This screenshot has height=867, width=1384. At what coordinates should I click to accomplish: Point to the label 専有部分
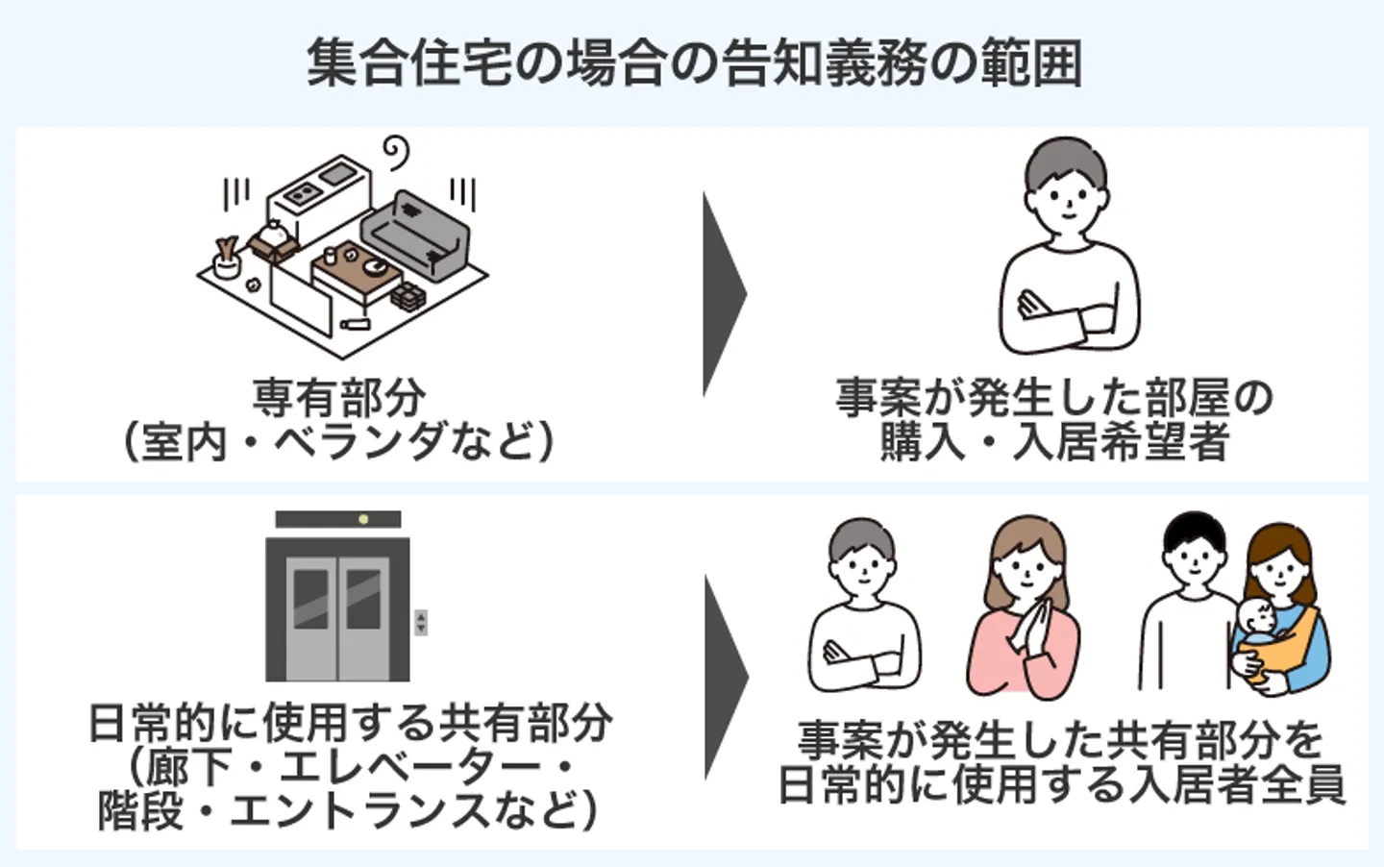339,397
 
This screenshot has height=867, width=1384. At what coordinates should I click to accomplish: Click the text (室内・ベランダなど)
339,443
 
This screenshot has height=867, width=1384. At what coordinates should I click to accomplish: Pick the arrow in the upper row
723,293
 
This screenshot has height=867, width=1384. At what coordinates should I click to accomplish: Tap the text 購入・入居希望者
1054,443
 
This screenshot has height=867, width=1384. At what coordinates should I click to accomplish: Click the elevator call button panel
420,622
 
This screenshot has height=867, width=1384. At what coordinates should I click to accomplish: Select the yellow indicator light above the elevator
363,520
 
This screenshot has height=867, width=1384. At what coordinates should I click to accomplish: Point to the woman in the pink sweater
1024,615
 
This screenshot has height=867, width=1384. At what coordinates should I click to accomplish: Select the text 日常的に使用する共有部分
350,723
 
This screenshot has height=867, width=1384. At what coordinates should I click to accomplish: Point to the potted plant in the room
228,257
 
